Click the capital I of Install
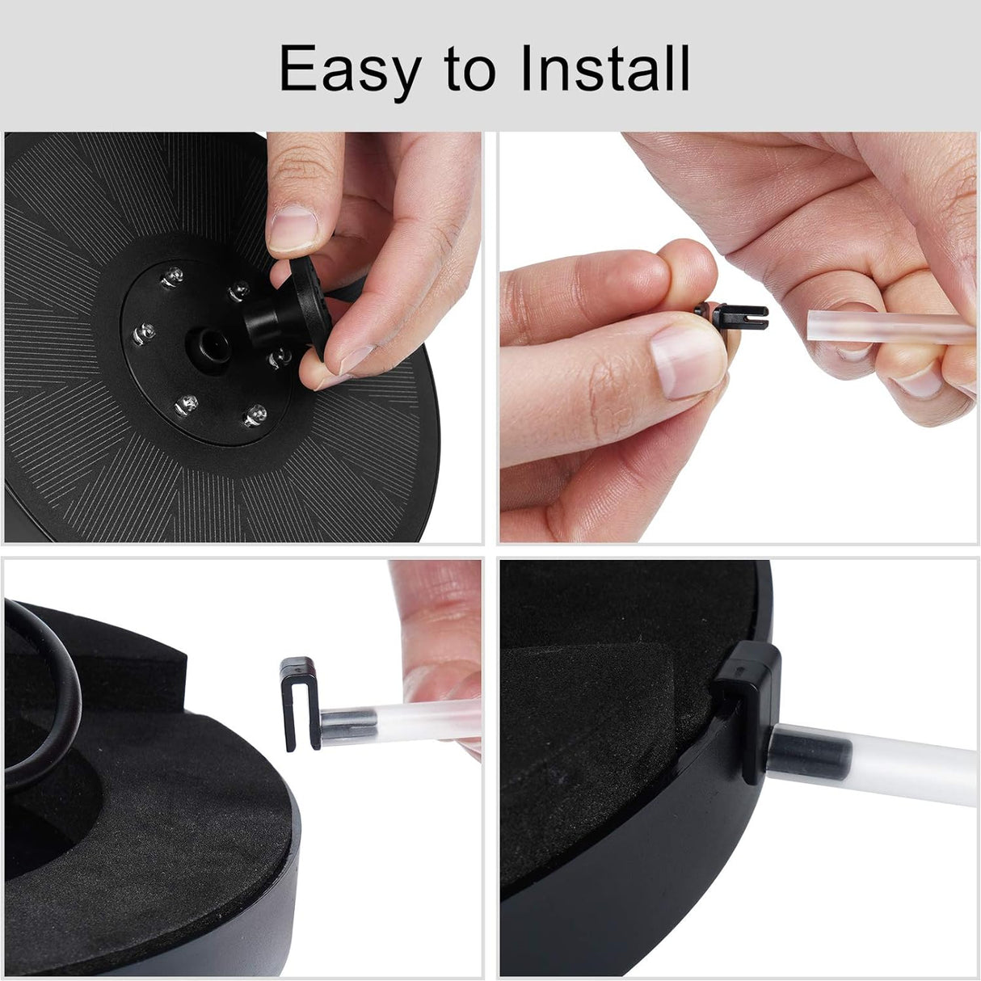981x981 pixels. pos(528,68)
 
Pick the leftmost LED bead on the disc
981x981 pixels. pos(144,334)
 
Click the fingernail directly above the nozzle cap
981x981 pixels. pos(293,229)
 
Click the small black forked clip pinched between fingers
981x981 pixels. pos(730,317)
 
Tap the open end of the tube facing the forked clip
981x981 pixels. pos(812,326)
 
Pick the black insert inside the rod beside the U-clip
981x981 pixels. pos(349,727)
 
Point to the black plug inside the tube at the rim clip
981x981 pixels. pos(810,752)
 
